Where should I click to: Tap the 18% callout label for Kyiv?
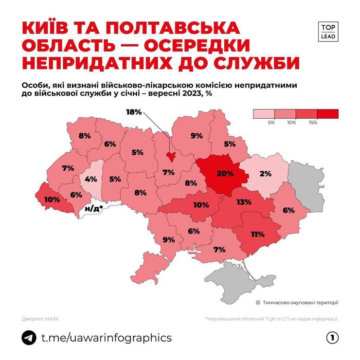pyautogui.click(x=134, y=112)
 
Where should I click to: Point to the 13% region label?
pyautogui.click(x=244, y=202)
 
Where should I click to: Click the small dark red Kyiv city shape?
pyautogui.click(x=171, y=156)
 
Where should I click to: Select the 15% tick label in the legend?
pyautogui.click(x=312, y=123)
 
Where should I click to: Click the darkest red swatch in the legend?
pyautogui.click(x=327, y=114)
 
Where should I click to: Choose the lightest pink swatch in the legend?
pyautogui.click(x=264, y=114)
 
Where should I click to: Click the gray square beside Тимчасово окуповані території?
pyautogui.click(x=259, y=302)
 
